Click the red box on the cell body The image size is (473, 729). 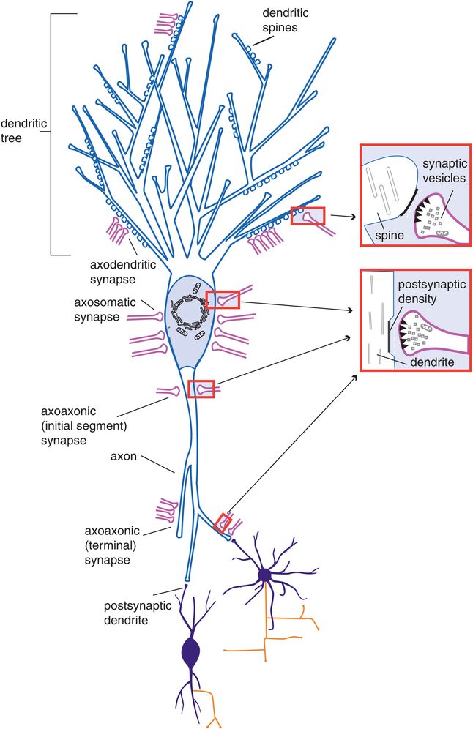coord(222,299)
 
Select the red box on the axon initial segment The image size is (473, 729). coord(201,389)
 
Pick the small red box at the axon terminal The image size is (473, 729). coord(223,523)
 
